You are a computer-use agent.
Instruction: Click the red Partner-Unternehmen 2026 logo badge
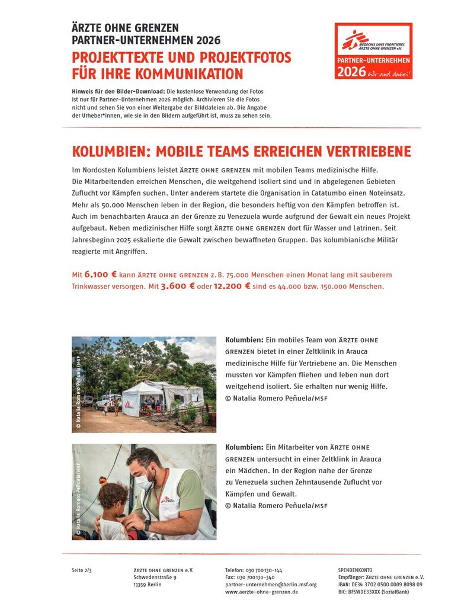[x=373, y=52]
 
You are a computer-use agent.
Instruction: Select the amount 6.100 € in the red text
[x=101, y=275]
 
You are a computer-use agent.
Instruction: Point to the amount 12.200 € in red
[x=231, y=287]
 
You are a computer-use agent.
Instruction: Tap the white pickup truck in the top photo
[x=108, y=401]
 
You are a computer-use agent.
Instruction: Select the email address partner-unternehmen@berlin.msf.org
[x=271, y=584]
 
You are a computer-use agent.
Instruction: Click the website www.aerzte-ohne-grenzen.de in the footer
[x=261, y=592]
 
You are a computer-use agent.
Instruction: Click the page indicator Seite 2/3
[x=82, y=570]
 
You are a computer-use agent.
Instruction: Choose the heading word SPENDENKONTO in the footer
[x=355, y=570]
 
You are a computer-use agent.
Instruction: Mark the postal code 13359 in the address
[x=140, y=584]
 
